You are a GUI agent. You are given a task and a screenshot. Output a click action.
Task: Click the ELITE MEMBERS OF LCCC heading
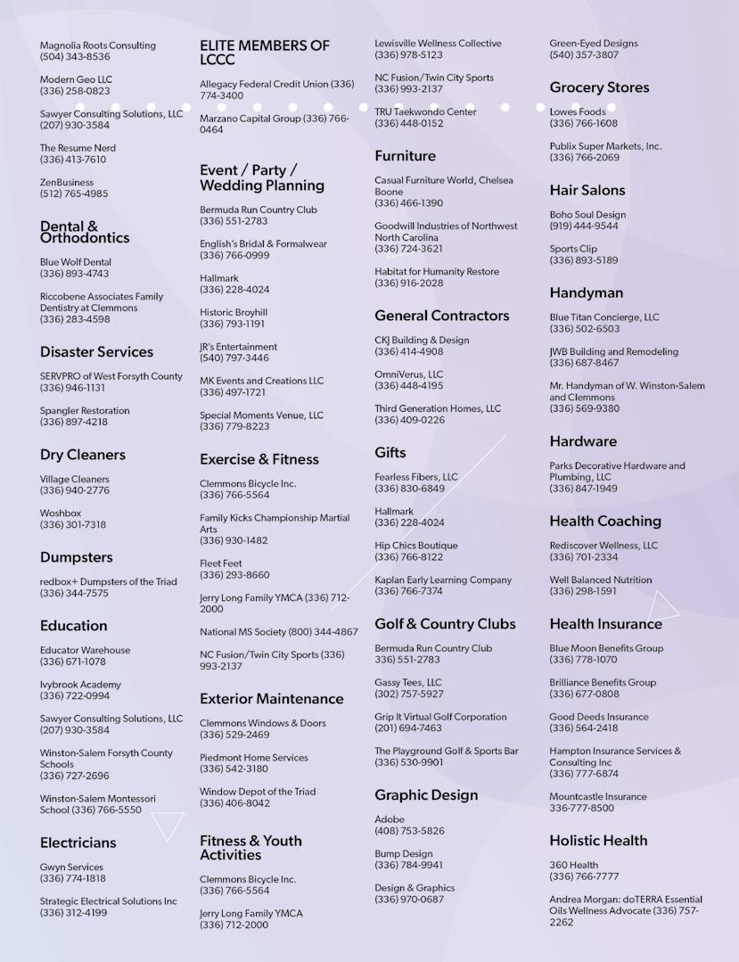pos(264,53)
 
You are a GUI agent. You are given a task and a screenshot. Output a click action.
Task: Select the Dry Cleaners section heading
pos(82,455)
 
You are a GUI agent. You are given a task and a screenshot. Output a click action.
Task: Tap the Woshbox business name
pos(60,514)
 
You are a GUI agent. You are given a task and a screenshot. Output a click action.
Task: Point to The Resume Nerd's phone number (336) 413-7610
pos(72,160)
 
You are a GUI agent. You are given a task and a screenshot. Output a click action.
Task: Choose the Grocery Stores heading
pos(599,87)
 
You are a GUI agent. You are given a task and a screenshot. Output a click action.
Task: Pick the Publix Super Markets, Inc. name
pos(605,146)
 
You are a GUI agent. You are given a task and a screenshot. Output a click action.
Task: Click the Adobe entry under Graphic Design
pos(390,819)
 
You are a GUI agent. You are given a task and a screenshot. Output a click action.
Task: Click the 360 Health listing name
pos(573,865)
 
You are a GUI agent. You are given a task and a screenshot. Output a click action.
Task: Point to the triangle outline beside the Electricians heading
pos(168,825)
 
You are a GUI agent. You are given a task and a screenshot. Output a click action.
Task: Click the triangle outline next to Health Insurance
pos(662,606)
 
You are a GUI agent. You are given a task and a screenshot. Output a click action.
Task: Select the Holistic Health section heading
pos(598,841)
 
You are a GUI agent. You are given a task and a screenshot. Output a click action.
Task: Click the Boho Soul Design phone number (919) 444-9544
pos(583,226)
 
